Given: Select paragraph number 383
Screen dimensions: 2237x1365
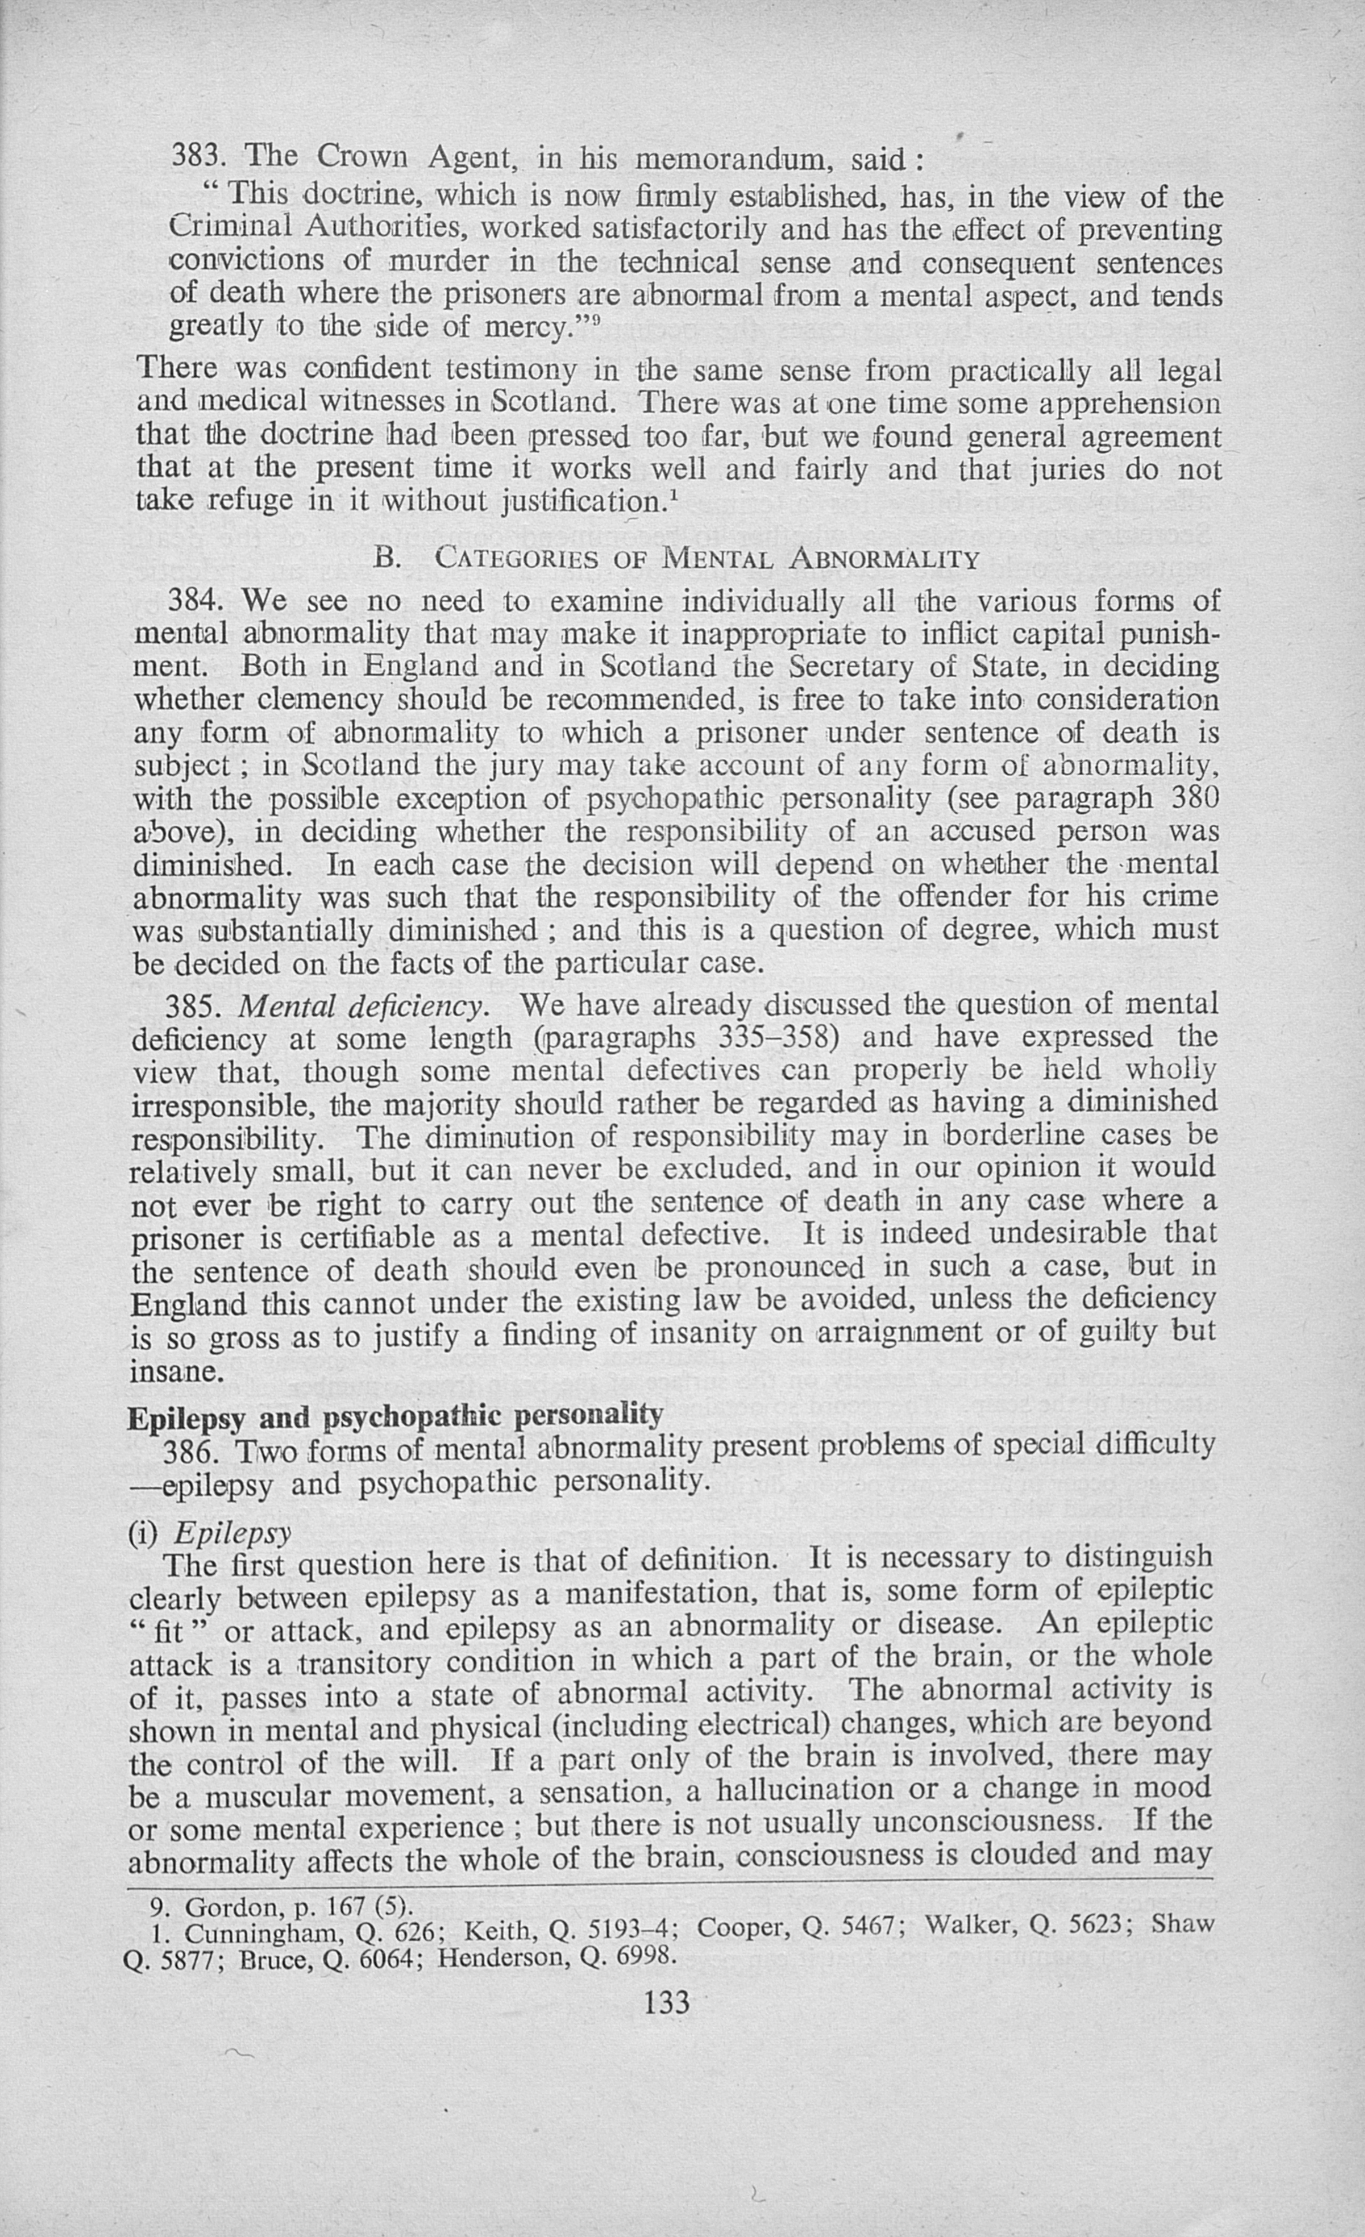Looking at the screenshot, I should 196,156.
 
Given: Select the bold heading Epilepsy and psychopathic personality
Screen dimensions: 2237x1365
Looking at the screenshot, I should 395,1416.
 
